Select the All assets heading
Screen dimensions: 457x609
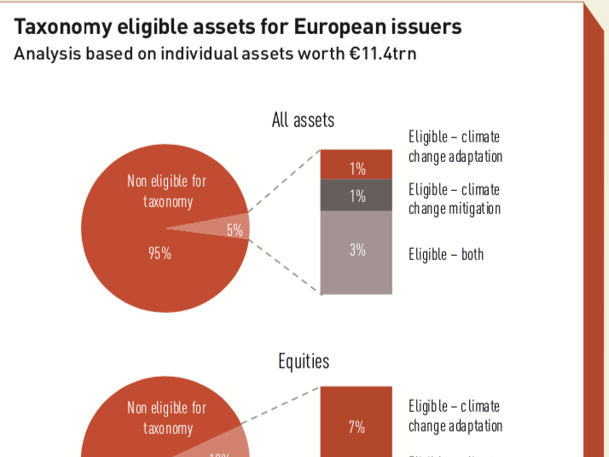303,120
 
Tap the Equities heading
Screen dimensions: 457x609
303,362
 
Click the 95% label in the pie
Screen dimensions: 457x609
159,252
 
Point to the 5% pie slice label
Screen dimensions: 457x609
235,229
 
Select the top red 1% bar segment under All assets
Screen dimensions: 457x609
357,164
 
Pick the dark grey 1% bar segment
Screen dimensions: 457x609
357,195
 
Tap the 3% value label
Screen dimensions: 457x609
357,250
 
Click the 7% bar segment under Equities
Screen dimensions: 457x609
357,421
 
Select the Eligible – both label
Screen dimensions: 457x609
445,254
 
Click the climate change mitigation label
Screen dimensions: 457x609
454,199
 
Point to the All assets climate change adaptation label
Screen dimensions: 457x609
455,147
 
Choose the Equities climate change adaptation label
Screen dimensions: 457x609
455,416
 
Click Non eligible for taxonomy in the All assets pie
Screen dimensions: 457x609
167,192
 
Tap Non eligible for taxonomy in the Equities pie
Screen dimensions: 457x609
167,418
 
